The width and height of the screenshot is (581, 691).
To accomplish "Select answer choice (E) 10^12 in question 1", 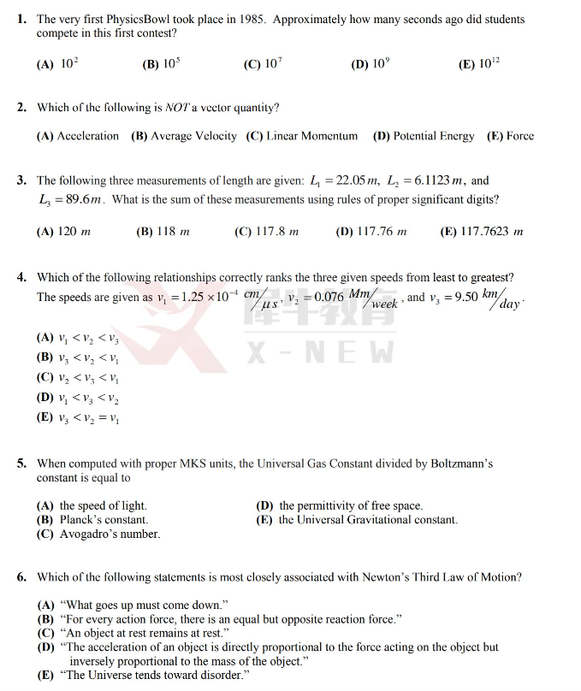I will point(480,64).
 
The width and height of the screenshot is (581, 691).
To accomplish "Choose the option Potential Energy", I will point(423,136).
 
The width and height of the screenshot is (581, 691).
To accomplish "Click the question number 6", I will point(22,577).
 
